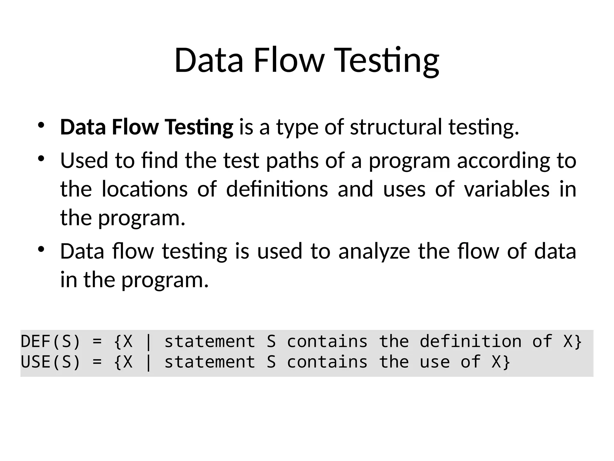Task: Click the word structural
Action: point(396,127)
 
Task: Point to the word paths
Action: point(292,161)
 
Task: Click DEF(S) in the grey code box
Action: point(50,342)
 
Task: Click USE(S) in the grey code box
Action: point(50,362)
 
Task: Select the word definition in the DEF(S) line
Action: point(470,342)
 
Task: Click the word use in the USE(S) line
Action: point(434,362)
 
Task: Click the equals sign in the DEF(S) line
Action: point(97,342)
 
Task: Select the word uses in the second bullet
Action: point(404,190)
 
